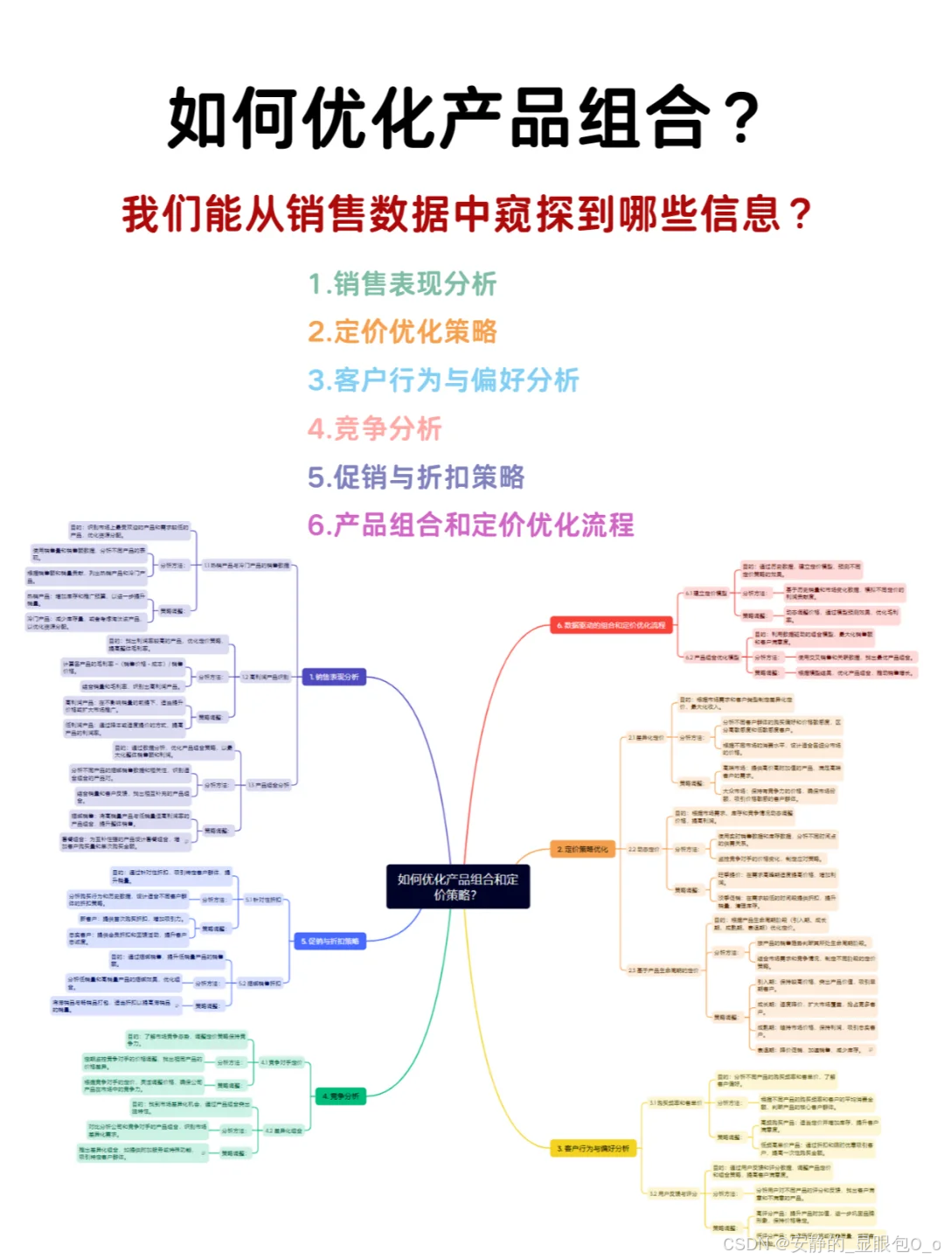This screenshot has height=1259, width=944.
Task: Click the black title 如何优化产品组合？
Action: tap(463, 118)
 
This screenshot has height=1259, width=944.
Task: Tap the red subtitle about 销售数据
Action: tap(468, 214)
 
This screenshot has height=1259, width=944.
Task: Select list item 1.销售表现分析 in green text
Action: tap(402, 284)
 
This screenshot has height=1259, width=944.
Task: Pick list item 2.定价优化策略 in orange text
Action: tap(402, 332)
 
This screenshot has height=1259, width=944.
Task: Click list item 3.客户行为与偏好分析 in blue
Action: tap(443, 380)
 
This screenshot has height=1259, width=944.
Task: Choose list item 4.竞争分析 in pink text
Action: tap(375, 428)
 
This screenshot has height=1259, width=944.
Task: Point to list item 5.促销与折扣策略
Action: tap(416, 477)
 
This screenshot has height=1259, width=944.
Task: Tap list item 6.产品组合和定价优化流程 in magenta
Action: tap(470, 525)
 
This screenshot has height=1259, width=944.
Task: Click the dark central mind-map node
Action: tap(458, 887)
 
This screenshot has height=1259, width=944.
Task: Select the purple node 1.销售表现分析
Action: tap(334, 677)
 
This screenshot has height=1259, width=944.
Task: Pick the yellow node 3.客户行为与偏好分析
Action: tap(593, 1148)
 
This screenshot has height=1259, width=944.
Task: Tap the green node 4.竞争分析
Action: tap(340, 1096)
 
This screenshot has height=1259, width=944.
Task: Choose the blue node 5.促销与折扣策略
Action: tap(330, 942)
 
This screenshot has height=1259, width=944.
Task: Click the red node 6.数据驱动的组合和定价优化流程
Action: tap(611, 625)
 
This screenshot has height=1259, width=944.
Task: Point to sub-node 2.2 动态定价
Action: tap(642, 849)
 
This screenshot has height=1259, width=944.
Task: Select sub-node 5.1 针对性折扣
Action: tap(263, 899)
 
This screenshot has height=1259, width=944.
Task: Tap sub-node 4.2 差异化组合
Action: tap(284, 1130)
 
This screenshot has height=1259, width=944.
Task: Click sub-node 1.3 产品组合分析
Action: tap(268, 785)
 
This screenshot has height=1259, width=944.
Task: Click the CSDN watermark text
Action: tap(831, 1243)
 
